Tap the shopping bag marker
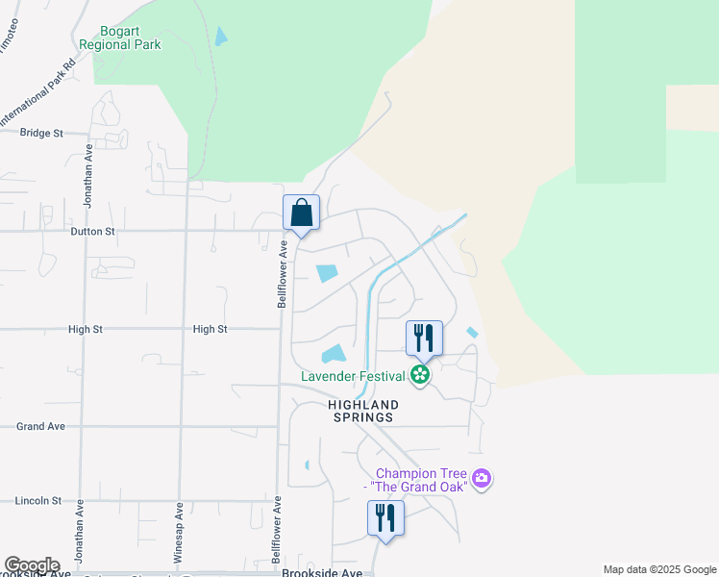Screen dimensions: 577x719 (301, 213)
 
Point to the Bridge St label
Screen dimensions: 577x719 (41, 133)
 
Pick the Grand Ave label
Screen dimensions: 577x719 (40, 426)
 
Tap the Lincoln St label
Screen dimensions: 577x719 (38, 501)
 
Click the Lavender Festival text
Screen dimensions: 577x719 (352, 375)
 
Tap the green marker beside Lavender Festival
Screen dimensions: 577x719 (419, 375)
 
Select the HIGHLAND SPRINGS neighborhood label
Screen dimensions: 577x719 (361, 412)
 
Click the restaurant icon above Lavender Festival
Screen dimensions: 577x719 (424, 339)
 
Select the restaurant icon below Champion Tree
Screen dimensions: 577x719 (385, 518)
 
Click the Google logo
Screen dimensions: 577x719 (32, 566)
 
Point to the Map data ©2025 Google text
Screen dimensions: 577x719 (658, 570)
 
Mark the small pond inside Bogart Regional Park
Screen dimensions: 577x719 (222, 38)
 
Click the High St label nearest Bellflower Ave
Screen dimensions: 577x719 (210, 329)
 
